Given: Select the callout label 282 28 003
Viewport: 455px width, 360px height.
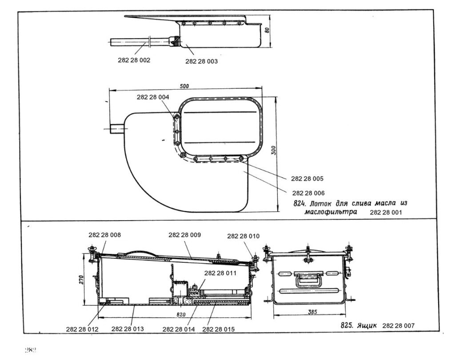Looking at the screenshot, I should click(x=201, y=62).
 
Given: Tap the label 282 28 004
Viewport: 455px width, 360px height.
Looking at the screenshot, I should click(x=153, y=97).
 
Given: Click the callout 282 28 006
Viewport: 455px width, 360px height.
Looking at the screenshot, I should click(x=308, y=193).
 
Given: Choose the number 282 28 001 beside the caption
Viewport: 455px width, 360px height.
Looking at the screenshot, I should click(x=386, y=213).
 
